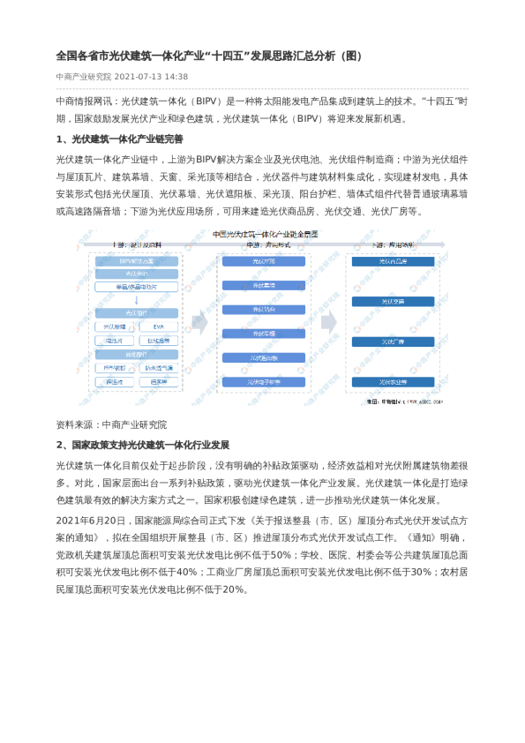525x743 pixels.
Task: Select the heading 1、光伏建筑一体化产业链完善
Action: (119, 139)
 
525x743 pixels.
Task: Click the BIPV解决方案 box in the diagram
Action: (136, 262)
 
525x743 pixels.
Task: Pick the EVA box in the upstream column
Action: (159, 326)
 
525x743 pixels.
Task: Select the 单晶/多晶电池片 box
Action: (136, 287)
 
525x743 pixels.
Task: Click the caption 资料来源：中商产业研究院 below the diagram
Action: (110, 424)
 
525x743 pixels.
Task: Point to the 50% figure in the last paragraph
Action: (280, 555)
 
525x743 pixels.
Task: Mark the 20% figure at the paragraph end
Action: (234, 589)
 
